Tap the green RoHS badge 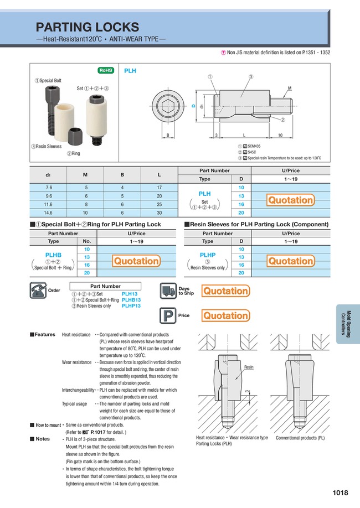(x=106, y=70)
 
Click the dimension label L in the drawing (x=244, y=135)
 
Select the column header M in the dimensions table (x=85, y=175)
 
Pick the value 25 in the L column (x=159, y=204)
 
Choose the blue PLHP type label (x=207, y=253)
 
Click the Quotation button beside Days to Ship (x=225, y=291)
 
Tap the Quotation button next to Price (x=225, y=316)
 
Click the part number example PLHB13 (x=131, y=299)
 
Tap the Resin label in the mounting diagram (x=249, y=367)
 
